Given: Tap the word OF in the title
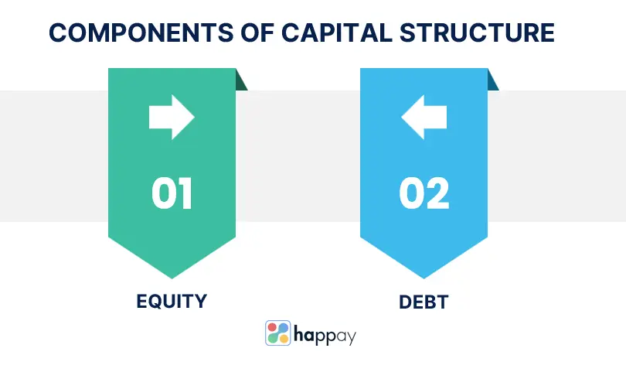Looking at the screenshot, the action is click(257, 32).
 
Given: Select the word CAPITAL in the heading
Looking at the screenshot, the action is click(337, 32).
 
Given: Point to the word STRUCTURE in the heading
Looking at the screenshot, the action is click(477, 32).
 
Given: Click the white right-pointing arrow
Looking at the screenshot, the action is click(172, 117).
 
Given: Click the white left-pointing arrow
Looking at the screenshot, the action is click(424, 117).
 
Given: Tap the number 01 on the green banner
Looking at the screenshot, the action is click(172, 193).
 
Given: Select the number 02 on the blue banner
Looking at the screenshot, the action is click(424, 193).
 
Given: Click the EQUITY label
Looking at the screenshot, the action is click(172, 302).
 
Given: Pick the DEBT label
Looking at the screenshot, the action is click(424, 302).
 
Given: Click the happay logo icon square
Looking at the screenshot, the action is click(278, 333).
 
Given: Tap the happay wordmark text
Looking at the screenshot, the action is click(325, 335).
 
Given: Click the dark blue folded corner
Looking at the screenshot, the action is click(492, 81).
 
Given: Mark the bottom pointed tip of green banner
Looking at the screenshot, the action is click(172, 278).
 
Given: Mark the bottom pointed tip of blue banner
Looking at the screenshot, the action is click(424, 278).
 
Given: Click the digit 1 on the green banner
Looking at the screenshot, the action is click(186, 193).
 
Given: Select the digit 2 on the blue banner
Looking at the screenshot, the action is click(437, 193).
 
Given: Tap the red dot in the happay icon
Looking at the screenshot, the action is click(272, 328).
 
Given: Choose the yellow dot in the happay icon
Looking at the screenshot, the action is click(284, 339).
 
